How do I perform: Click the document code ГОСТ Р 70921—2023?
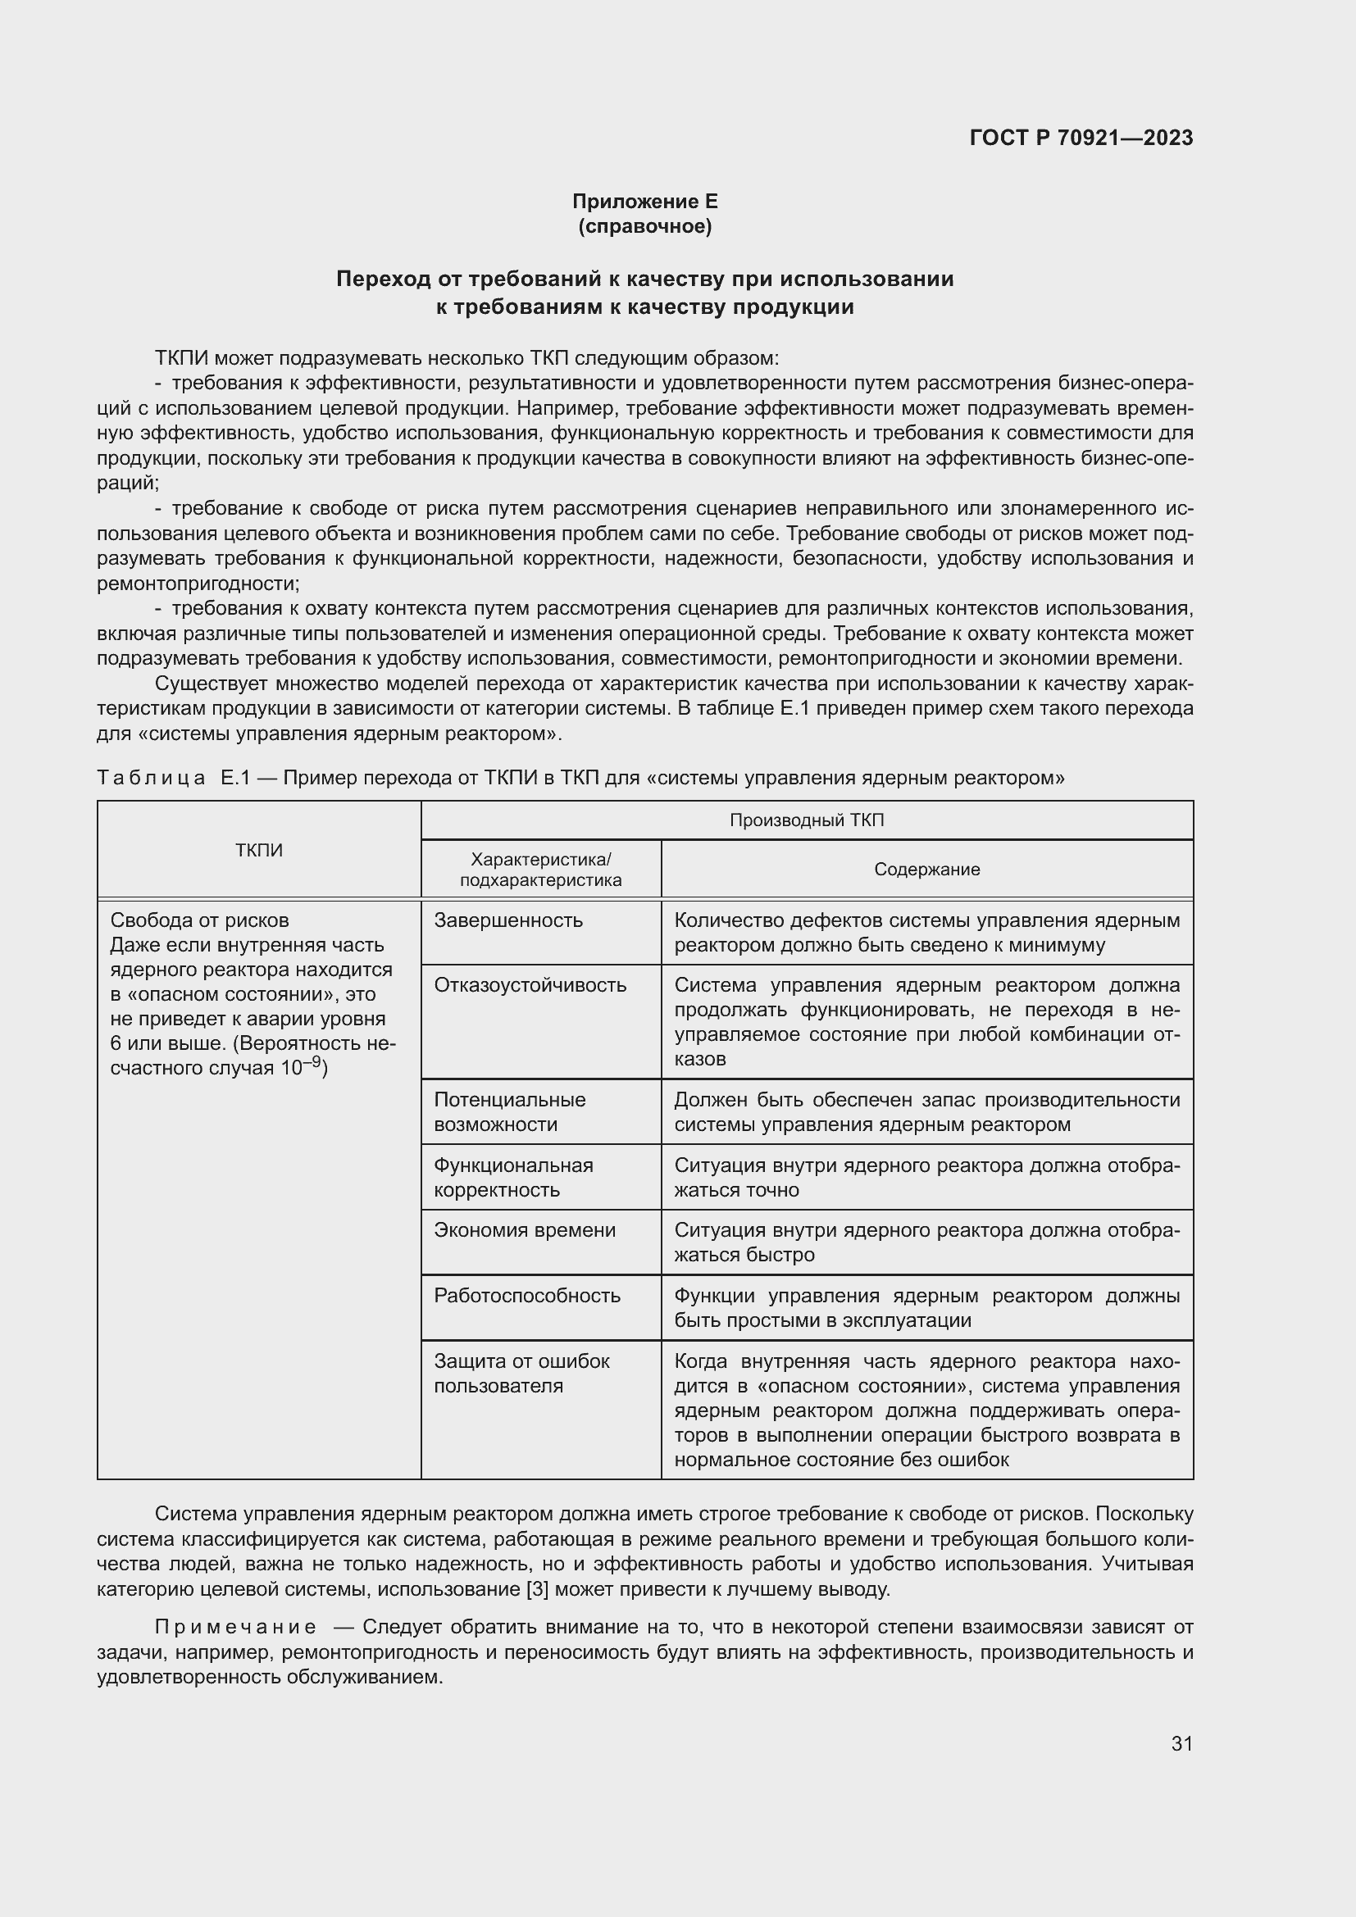pos(1081,138)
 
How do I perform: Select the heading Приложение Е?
pos(644,202)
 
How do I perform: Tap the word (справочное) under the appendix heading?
pos(644,226)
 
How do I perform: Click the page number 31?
pos(1181,1743)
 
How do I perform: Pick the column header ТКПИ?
pos(259,850)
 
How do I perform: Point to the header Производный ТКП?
pos(807,820)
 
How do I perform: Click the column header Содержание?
pos(927,869)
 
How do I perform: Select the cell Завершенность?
pos(507,920)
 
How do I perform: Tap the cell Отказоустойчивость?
pos(530,984)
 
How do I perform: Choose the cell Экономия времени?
pos(525,1230)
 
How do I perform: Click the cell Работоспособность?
pos(527,1295)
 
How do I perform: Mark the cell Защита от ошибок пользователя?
pos(521,1373)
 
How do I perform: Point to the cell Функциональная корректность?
pos(512,1177)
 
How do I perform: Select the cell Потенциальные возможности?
pos(509,1111)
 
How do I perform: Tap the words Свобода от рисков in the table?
pos(199,920)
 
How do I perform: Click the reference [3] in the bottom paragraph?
pos(538,1589)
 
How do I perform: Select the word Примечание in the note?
pos(235,1628)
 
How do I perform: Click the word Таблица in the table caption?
pos(151,778)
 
